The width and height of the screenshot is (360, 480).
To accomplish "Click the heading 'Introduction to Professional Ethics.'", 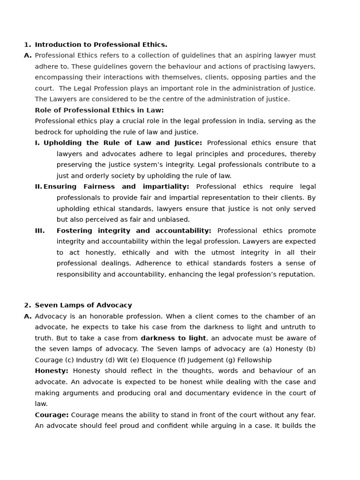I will pos(101,45).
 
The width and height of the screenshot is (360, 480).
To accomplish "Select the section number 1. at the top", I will pos(27,45).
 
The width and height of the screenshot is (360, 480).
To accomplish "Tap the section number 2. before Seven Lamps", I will pos(27,305).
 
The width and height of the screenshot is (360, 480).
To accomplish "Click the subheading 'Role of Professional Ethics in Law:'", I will pos(99,110).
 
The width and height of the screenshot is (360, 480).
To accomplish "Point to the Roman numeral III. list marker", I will pos(40,231).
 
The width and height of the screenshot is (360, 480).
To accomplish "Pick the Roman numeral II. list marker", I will pos(38,187).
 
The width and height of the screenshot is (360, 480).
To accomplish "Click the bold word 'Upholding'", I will pos(62,143).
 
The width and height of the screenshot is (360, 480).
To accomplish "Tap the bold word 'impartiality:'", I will pos(166,187).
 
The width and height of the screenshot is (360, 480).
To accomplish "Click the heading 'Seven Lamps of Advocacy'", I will pos(83,305).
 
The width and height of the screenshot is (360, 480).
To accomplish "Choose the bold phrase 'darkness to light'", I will pos(173,338).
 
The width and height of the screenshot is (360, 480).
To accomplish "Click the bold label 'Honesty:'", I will pos(52,371).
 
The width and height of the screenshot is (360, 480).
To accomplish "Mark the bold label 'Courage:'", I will pos(52,415).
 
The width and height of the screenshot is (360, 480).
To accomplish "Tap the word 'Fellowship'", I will pos(254,360).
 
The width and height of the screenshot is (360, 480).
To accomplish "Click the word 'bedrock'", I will pos(48,132).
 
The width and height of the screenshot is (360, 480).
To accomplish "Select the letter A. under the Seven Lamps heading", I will pos(28,316).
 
